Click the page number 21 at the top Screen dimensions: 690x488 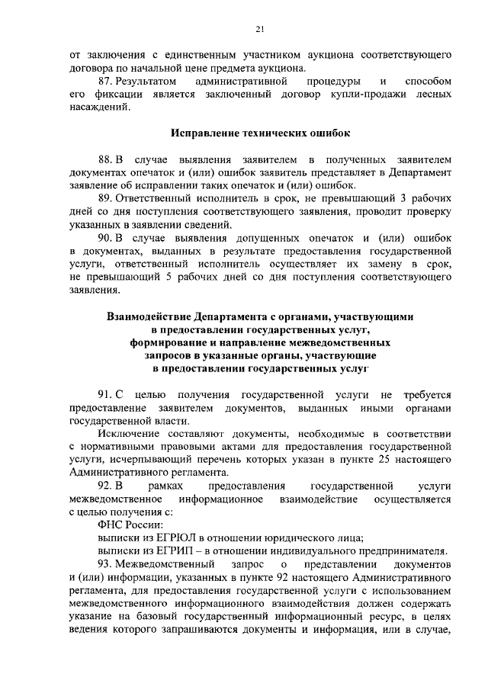259,30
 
